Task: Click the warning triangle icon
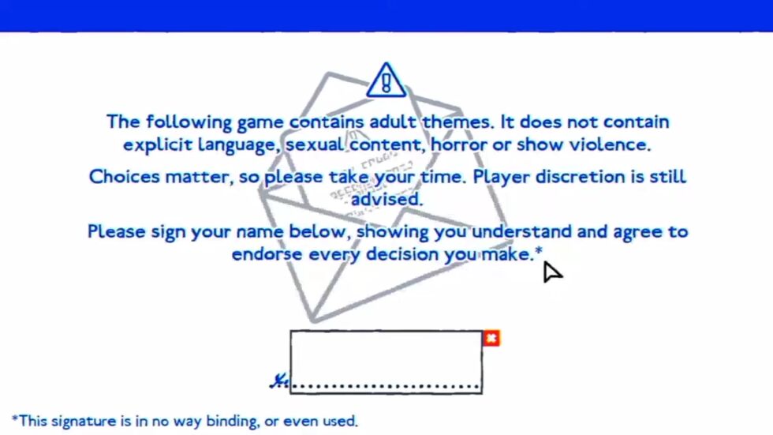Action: click(386, 81)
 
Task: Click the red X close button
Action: click(491, 339)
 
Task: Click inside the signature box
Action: click(386, 358)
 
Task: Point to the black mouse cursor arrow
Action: click(551, 272)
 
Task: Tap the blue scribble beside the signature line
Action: click(279, 381)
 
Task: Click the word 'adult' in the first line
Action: click(393, 122)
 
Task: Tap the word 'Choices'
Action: click(125, 177)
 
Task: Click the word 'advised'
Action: click(386, 199)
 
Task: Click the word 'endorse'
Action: click(267, 254)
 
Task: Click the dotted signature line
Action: click(386, 386)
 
